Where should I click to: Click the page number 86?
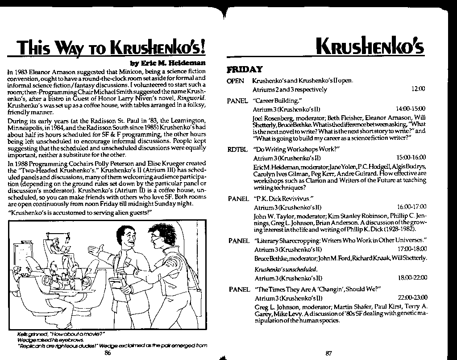point(107,353)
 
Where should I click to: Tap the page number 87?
point(329,353)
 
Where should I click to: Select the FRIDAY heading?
point(244,70)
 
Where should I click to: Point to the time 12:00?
point(418,89)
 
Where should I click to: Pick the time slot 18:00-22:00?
point(412,278)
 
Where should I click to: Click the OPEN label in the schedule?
point(235,81)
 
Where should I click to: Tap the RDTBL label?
point(237,149)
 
